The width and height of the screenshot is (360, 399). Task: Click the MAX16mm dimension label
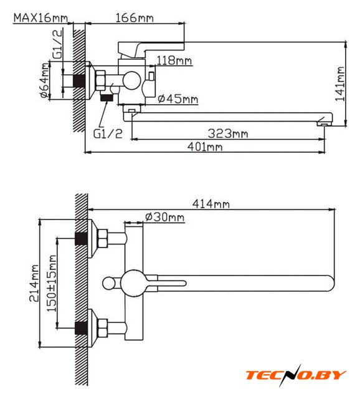(40, 18)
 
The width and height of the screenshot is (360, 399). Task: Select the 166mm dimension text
(135, 18)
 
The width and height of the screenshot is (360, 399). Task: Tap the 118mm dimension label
(174, 60)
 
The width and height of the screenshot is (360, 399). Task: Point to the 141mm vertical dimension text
(340, 84)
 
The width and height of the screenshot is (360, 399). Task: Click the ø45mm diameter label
(178, 99)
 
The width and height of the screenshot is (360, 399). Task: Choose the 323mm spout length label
(228, 133)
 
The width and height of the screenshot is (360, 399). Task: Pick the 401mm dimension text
(205, 147)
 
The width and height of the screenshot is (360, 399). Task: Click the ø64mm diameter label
(44, 80)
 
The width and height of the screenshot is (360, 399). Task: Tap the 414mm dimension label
(211, 204)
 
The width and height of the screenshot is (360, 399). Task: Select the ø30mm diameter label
(165, 217)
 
